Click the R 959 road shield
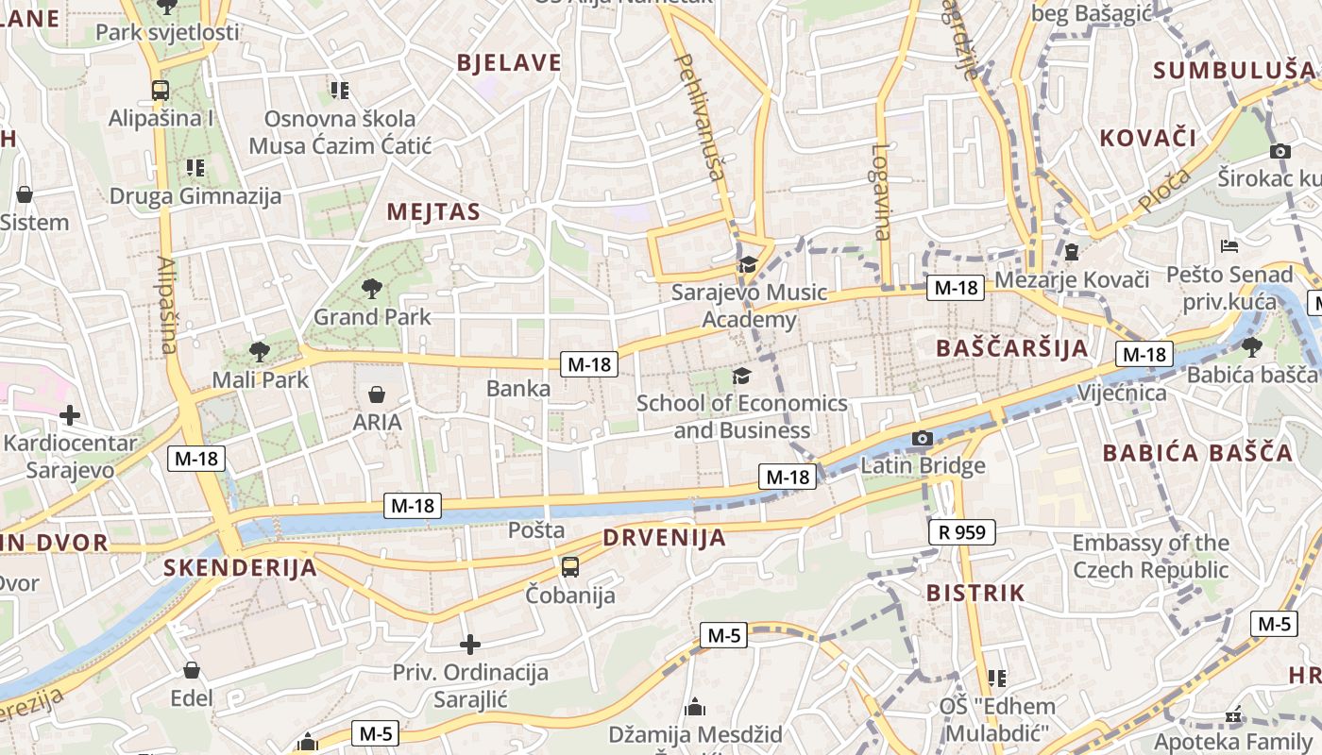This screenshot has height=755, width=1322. (962, 532)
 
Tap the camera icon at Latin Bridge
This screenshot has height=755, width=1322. (923, 439)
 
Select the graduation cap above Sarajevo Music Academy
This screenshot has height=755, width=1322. (748, 264)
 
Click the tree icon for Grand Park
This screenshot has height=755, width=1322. (372, 289)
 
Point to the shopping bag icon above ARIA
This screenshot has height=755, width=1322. (377, 394)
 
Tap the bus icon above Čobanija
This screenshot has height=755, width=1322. (570, 567)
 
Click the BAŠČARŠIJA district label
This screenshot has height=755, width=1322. (1012, 348)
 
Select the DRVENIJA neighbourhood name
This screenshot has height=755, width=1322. (665, 538)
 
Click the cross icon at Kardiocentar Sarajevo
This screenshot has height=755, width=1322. (69, 415)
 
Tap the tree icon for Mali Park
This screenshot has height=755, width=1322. (259, 352)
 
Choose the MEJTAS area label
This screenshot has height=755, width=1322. (433, 212)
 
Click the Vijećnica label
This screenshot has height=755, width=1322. (1122, 393)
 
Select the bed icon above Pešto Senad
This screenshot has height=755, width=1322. (1229, 246)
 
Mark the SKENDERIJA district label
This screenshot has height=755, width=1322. (240, 568)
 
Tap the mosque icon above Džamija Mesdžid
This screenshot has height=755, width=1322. (695, 706)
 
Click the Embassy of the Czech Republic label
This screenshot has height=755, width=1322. (1150, 557)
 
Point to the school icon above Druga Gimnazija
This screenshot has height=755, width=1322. (195, 168)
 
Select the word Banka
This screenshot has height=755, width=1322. (518, 388)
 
